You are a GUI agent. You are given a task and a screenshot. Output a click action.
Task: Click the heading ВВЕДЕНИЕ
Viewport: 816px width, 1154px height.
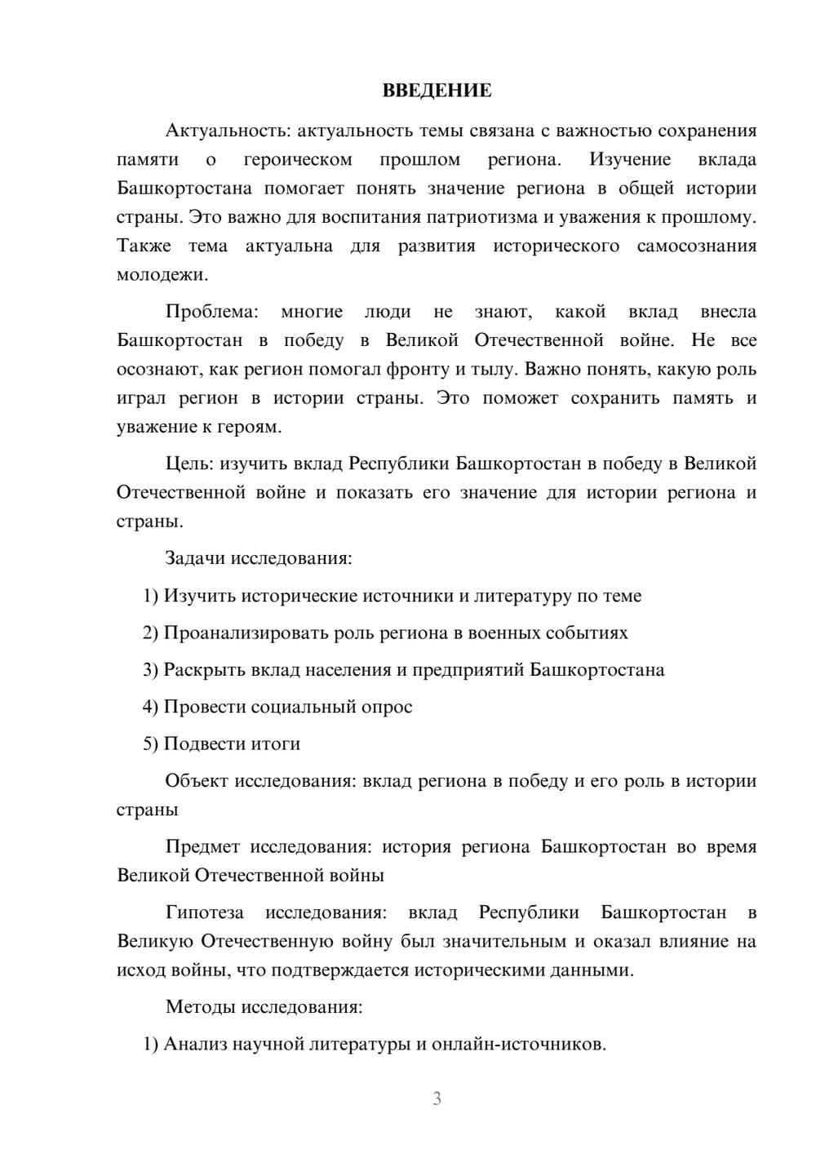[437, 91]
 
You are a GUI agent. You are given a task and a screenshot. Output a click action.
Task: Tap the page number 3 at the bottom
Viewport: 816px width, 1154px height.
[437, 1099]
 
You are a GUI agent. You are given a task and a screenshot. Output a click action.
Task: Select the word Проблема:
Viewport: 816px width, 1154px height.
[211, 312]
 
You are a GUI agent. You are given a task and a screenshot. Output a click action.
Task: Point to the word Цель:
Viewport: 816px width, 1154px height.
[189, 464]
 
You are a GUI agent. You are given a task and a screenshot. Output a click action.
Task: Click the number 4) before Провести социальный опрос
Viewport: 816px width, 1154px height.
[150, 707]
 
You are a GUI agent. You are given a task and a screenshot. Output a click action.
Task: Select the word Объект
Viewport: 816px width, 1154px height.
[196, 781]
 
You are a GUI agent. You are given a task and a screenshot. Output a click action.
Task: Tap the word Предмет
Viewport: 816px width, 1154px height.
[202, 846]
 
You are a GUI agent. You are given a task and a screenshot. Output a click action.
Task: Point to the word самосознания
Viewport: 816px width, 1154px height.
[696, 246]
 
